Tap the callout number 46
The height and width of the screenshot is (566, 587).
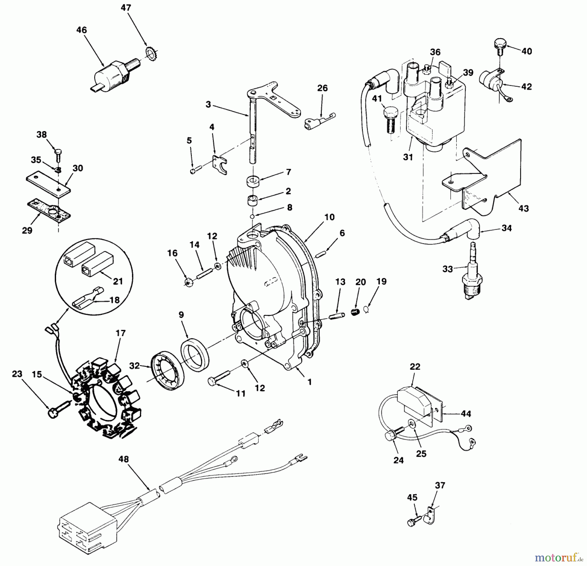click(x=82, y=30)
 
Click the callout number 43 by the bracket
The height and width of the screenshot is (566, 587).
click(x=523, y=208)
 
